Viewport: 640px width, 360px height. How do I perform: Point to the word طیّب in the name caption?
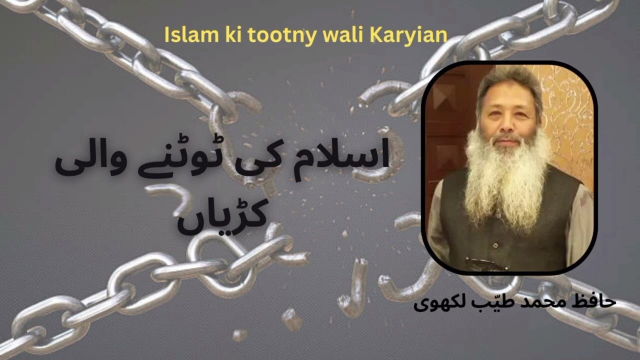click(x=492, y=301)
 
